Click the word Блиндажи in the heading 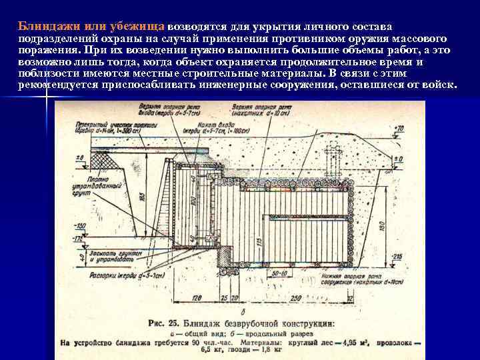[47, 27]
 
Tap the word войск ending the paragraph [437, 86]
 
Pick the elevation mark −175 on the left [79, 238]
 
